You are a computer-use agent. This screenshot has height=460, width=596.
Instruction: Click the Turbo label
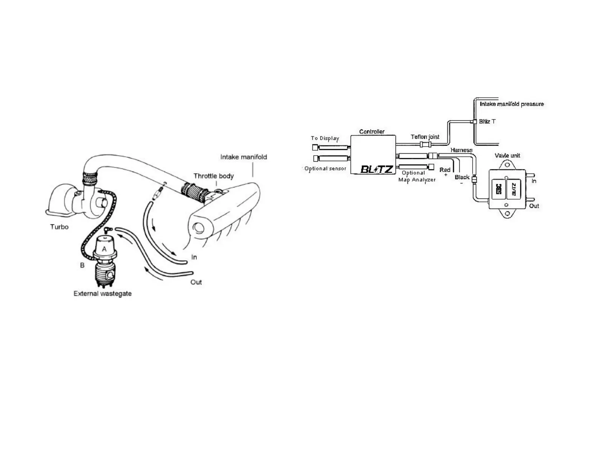pyautogui.click(x=59, y=227)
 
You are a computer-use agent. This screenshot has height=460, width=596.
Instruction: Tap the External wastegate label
pyautogui.click(x=102, y=294)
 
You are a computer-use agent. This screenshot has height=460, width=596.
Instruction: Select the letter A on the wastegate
pyautogui.click(x=104, y=249)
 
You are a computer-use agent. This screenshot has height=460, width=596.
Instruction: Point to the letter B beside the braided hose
pyautogui.click(x=82, y=265)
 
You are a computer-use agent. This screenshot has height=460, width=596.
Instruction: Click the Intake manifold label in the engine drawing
pyautogui.click(x=243, y=157)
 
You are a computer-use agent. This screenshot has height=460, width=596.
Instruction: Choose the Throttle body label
pyautogui.click(x=213, y=176)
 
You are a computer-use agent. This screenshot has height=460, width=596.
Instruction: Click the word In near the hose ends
pyautogui.click(x=194, y=257)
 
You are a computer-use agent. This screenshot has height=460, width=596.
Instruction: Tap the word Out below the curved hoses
pyautogui.click(x=196, y=282)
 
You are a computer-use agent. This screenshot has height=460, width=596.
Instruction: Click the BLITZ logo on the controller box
pyautogui.click(x=377, y=169)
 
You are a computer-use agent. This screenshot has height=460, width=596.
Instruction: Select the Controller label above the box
pyautogui.click(x=372, y=132)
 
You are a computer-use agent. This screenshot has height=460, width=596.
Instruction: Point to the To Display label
pyautogui.click(x=325, y=138)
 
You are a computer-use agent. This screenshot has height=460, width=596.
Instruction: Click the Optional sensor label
pyautogui.click(x=325, y=168)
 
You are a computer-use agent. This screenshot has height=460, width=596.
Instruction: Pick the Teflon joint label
pyautogui.click(x=425, y=137)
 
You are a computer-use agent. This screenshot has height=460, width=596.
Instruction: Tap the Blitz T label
pyautogui.click(x=487, y=121)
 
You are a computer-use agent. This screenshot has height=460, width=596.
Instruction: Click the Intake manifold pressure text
pyautogui.click(x=512, y=104)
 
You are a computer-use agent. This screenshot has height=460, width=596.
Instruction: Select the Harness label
pyautogui.click(x=461, y=150)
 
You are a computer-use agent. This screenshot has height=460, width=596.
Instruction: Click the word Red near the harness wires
pyautogui.click(x=445, y=170)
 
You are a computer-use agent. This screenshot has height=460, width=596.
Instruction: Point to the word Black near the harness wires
pyautogui.click(x=462, y=177)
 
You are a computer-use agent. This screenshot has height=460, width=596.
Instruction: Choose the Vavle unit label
pyautogui.click(x=507, y=156)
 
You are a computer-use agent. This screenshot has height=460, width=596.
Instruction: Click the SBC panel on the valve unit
pyautogui.click(x=499, y=189)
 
